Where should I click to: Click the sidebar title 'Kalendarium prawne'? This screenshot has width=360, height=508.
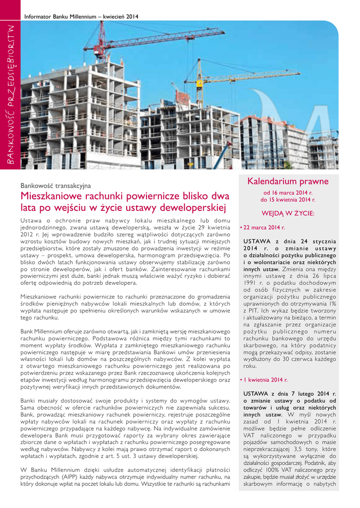288,182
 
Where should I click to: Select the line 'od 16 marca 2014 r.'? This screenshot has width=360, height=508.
288,192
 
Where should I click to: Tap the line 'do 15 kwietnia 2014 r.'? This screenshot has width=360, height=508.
288,200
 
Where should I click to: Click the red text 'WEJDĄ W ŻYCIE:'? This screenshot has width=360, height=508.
288,213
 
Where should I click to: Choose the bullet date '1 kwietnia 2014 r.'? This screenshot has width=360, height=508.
266,380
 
